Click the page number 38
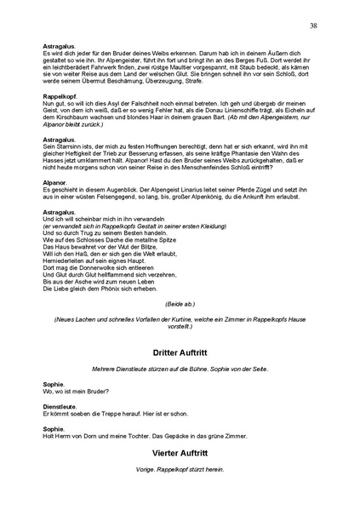click(x=314, y=26)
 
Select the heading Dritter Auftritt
click(x=180, y=352)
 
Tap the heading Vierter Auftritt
click(x=180, y=455)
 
